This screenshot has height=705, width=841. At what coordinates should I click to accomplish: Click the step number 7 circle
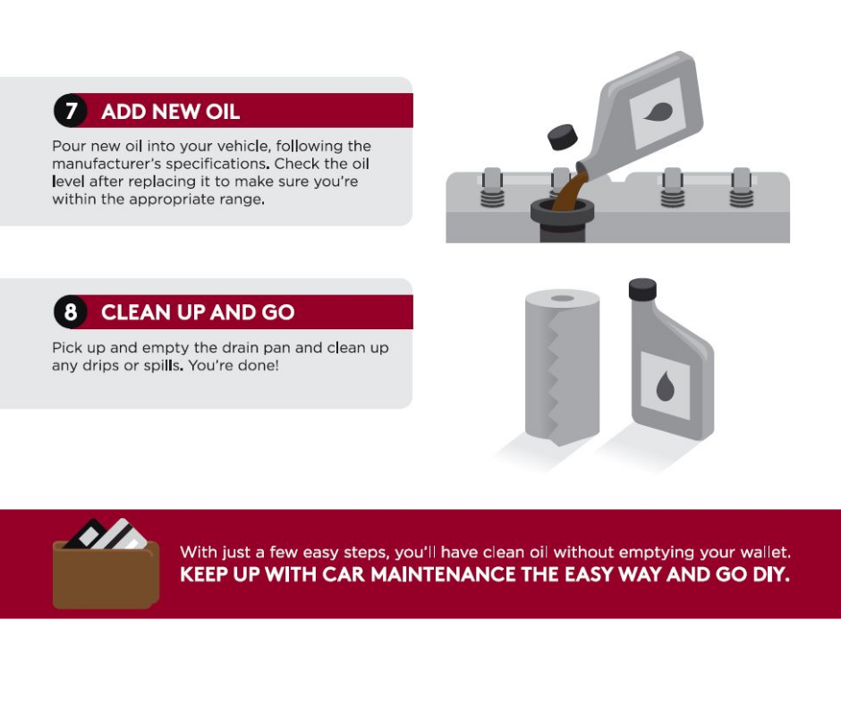(70, 112)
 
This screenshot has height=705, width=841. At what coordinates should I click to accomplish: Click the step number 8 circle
(70, 312)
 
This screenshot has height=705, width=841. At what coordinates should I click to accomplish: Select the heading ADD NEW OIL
(170, 112)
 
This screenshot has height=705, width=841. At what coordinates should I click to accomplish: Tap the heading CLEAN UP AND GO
(198, 312)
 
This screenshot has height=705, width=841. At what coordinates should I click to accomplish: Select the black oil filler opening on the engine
(559, 214)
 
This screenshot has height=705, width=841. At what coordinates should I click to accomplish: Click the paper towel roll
(561, 367)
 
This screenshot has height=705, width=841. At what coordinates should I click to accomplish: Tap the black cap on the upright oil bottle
(641, 289)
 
